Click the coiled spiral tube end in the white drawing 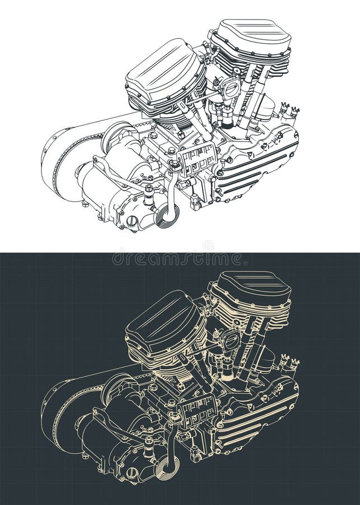tap(167, 216)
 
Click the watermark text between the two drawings tap(177, 259)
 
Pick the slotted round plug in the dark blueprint tap(132, 474)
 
